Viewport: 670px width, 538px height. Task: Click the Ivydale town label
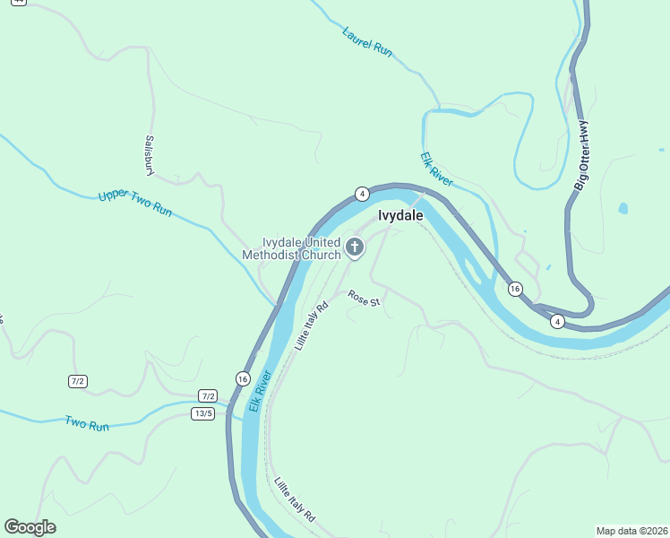[400, 216]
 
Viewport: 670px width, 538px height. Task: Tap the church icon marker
[355, 247]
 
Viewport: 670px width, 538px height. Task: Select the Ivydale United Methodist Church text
[291, 248]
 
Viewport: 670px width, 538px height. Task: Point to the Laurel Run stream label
[367, 41]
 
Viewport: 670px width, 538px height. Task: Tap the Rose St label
[365, 297]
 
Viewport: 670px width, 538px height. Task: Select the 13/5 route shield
[202, 413]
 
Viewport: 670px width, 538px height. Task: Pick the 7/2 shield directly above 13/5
[208, 395]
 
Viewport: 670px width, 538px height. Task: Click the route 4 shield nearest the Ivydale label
[361, 194]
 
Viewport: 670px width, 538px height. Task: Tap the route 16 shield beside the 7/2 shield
[243, 379]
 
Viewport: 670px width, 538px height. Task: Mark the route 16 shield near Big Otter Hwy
[514, 289]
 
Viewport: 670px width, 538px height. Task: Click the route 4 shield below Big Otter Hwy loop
[557, 321]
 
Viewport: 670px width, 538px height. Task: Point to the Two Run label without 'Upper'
[86, 423]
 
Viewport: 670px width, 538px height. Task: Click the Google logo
[30, 527]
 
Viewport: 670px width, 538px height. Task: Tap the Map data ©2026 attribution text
[631, 531]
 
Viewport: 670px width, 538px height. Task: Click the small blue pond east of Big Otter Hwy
[623, 209]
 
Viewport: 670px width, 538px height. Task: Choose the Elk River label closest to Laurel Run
[437, 169]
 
